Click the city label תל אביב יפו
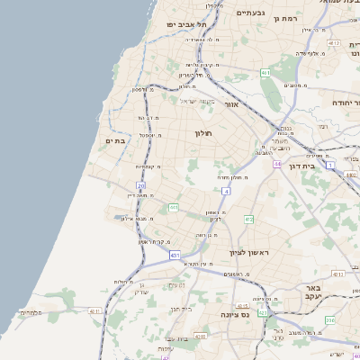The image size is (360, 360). pos(189,24)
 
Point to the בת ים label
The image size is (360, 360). pos(115,139)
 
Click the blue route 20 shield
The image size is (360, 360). pos(140,185)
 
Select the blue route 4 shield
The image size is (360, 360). pos(227,191)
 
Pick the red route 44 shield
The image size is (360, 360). pos(278,164)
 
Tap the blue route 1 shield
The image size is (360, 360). pos(330,166)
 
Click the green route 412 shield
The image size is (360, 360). pos(248,220)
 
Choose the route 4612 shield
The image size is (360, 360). pos(334,43)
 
